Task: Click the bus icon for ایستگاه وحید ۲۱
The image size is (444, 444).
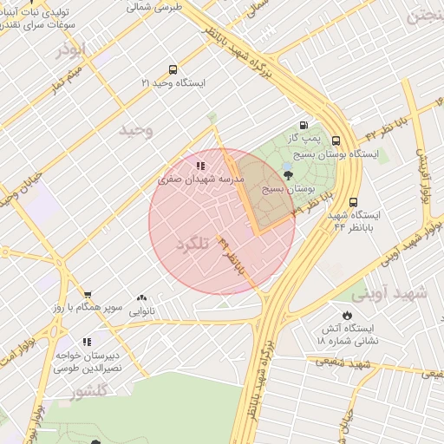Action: tap(173, 70)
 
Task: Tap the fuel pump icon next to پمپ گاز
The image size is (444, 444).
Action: tap(303, 125)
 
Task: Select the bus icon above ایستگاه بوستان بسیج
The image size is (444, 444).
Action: tap(336, 141)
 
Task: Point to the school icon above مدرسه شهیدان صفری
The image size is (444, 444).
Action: tap(200, 166)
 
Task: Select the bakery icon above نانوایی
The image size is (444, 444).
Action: tap(141, 297)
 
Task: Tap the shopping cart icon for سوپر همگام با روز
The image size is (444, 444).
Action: tap(87, 295)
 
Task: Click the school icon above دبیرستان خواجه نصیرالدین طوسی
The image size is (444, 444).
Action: tap(87, 342)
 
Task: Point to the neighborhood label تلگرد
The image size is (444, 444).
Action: tap(193, 244)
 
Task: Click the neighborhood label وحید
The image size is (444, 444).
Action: tap(136, 130)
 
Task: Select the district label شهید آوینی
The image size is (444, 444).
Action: tap(396, 293)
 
